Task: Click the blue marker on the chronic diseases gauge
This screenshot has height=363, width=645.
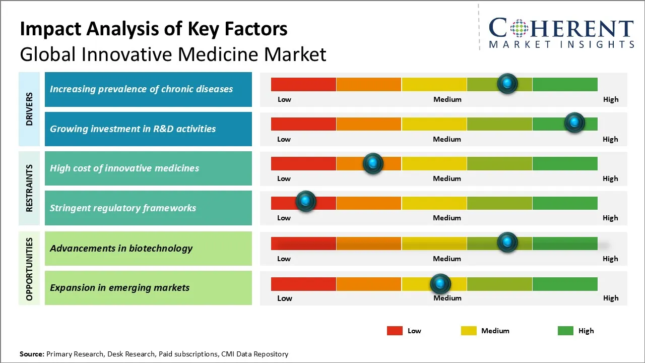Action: (x=507, y=83)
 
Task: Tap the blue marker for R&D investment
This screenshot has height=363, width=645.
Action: (x=574, y=123)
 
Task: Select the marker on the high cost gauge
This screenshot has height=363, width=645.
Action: (x=373, y=163)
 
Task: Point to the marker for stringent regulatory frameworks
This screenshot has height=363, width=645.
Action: (x=305, y=201)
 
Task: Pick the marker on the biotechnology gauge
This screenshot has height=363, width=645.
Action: (x=507, y=242)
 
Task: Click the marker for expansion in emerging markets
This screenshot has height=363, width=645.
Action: (x=440, y=284)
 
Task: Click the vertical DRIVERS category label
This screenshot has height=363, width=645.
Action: (x=29, y=109)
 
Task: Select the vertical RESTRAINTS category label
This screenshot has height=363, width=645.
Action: (x=29, y=188)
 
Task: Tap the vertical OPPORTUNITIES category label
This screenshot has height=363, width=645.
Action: (x=29, y=269)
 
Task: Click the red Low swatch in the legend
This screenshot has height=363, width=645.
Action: (x=395, y=331)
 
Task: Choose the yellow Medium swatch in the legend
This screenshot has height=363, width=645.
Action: (x=469, y=331)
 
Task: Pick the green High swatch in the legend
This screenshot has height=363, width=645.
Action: (x=565, y=331)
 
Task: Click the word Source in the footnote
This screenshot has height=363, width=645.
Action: (x=31, y=354)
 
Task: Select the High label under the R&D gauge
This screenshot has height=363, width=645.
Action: (x=610, y=139)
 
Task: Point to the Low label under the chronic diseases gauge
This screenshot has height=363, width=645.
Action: (x=284, y=99)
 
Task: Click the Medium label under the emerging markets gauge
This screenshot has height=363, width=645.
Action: (x=447, y=298)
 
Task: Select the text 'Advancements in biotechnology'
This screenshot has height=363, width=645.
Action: (x=121, y=248)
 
